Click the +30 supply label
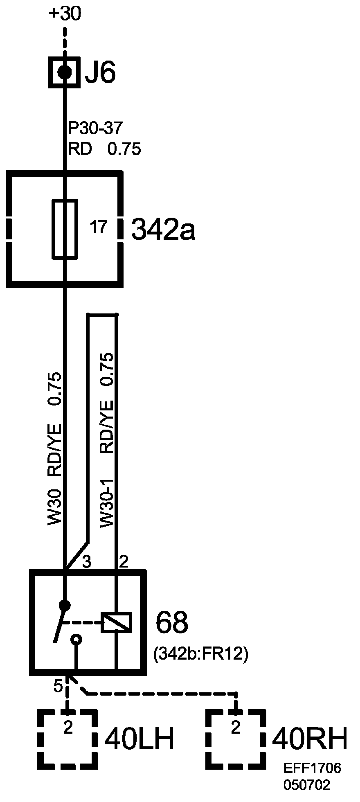[65, 14]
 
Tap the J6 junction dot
[64, 72]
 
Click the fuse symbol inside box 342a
[65, 229]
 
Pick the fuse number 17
[98, 227]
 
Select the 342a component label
[163, 230]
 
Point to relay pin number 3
[87, 561]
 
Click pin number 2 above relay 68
[123, 561]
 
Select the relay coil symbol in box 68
[117, 623]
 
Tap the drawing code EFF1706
[313, 768]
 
